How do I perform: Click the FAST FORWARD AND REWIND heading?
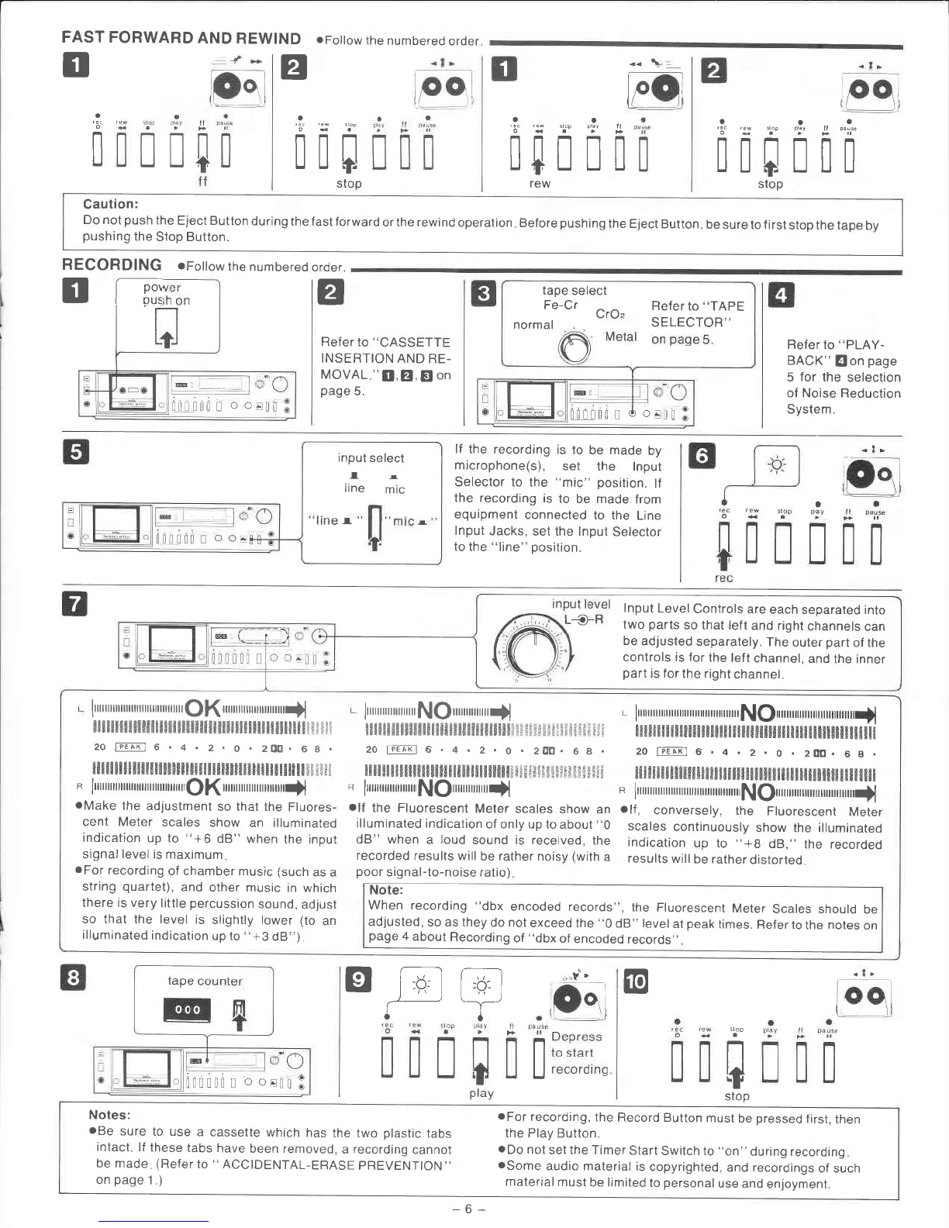(x=181, y=39)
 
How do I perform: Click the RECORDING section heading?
(x=112, y=265)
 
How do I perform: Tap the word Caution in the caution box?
(x=110, y=205)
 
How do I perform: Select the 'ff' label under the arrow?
(x=202, y=182)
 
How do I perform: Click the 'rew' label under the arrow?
(x=540, y=184)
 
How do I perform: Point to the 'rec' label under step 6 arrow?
(x=723, y=578)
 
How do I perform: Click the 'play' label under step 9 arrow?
(x=481, y=1093)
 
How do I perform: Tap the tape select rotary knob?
(x=575, y=349)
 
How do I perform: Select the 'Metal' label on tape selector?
(x=621, y=336)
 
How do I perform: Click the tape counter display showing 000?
(x=188, y=1009)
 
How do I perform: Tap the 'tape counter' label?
(x=205, y=981)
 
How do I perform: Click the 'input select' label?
(x=371, y=458)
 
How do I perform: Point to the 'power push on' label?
(x=166, y=294)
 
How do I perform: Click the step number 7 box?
(x=74, y=604)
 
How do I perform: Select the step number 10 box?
(x=635, y=981)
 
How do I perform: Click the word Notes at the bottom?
(x=109, y=1115)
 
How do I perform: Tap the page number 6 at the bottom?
(x=468, y=1209)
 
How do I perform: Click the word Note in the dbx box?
(x=385, y=890)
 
